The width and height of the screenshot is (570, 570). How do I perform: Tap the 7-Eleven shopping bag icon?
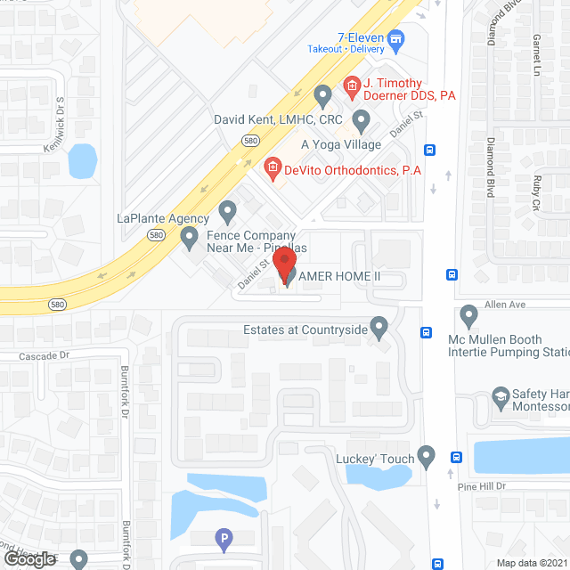coord(397,38)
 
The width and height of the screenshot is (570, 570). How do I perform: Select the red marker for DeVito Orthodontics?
coord(272,167)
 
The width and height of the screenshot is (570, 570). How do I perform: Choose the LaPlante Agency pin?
coord(228,212)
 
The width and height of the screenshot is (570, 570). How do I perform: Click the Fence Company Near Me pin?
coord(189,237)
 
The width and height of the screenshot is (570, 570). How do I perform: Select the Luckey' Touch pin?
coord(427,457)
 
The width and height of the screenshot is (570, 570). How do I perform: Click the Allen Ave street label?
coord(505,305)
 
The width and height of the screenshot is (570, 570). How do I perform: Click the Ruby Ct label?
coord(536,192)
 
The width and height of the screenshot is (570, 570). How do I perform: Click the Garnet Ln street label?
coord(536,54)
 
